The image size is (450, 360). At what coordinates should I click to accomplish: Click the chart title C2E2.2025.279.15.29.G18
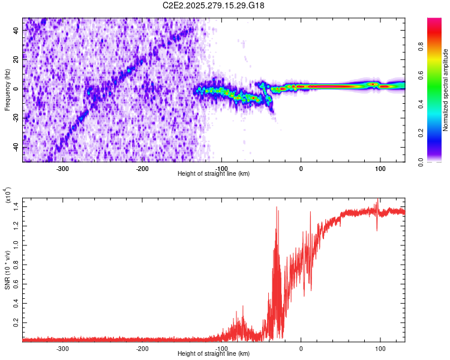[214, 5]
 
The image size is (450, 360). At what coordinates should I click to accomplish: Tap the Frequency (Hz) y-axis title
[7, 90]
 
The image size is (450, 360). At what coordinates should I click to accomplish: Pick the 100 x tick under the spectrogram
[380, 168]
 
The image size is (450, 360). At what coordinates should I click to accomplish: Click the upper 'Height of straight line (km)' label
[214, 173]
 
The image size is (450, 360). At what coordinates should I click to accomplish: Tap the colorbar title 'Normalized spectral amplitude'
[446, 90]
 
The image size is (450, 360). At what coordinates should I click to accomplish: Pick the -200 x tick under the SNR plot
[142, 348]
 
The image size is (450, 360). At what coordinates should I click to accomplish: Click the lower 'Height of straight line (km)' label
[214, 353]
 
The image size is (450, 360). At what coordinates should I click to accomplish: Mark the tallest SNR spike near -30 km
[277, 208]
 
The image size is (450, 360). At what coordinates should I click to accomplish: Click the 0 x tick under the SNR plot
[301, 348]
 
